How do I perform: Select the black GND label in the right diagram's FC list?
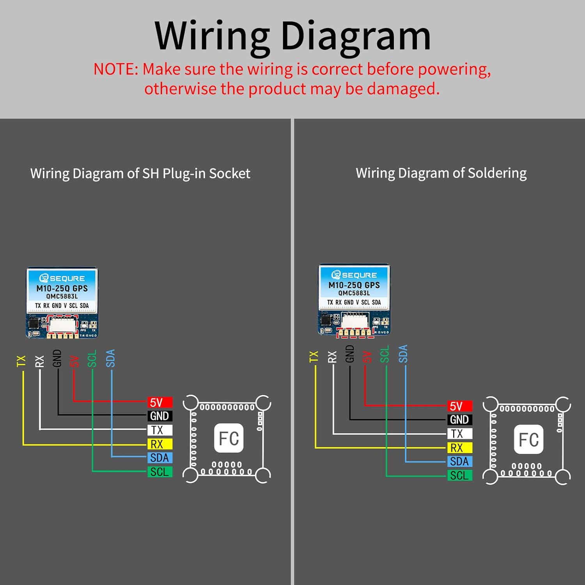460,420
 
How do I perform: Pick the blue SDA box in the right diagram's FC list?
460,461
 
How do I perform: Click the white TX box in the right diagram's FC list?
460,434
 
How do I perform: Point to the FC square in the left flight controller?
229,438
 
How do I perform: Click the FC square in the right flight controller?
528,440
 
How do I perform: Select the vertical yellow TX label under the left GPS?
21,361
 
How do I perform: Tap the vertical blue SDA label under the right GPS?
403,354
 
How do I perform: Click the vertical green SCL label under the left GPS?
92,359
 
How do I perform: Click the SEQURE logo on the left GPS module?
62,278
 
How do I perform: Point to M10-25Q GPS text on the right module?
354,285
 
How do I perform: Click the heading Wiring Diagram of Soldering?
441,173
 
